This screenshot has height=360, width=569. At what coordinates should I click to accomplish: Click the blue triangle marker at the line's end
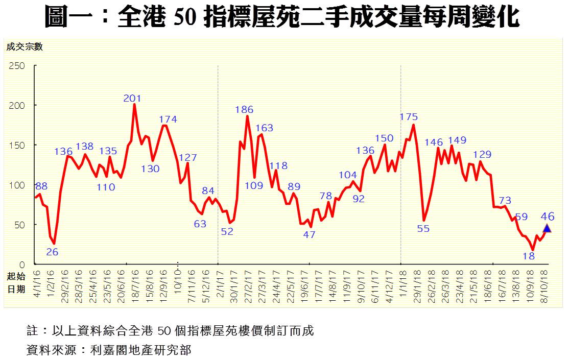(x=547, y=228)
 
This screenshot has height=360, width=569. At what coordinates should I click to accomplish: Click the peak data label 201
(x=132, y=98)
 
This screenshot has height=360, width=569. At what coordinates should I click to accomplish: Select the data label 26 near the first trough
(x=52, y=251)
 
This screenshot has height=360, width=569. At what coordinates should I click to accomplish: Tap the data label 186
(x=244, y=109)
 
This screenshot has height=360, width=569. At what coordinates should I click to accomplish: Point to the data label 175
(x=409, y=117)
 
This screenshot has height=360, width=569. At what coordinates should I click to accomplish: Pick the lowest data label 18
(x=529, y=256)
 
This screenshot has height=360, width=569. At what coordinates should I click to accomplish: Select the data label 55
(x=423, y=228)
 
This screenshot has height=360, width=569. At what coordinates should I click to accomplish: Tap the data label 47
(x=309, y=235)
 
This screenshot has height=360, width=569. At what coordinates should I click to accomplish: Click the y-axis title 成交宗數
(x=25, y=47)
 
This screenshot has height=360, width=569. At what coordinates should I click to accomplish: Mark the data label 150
(x=384, y=138)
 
